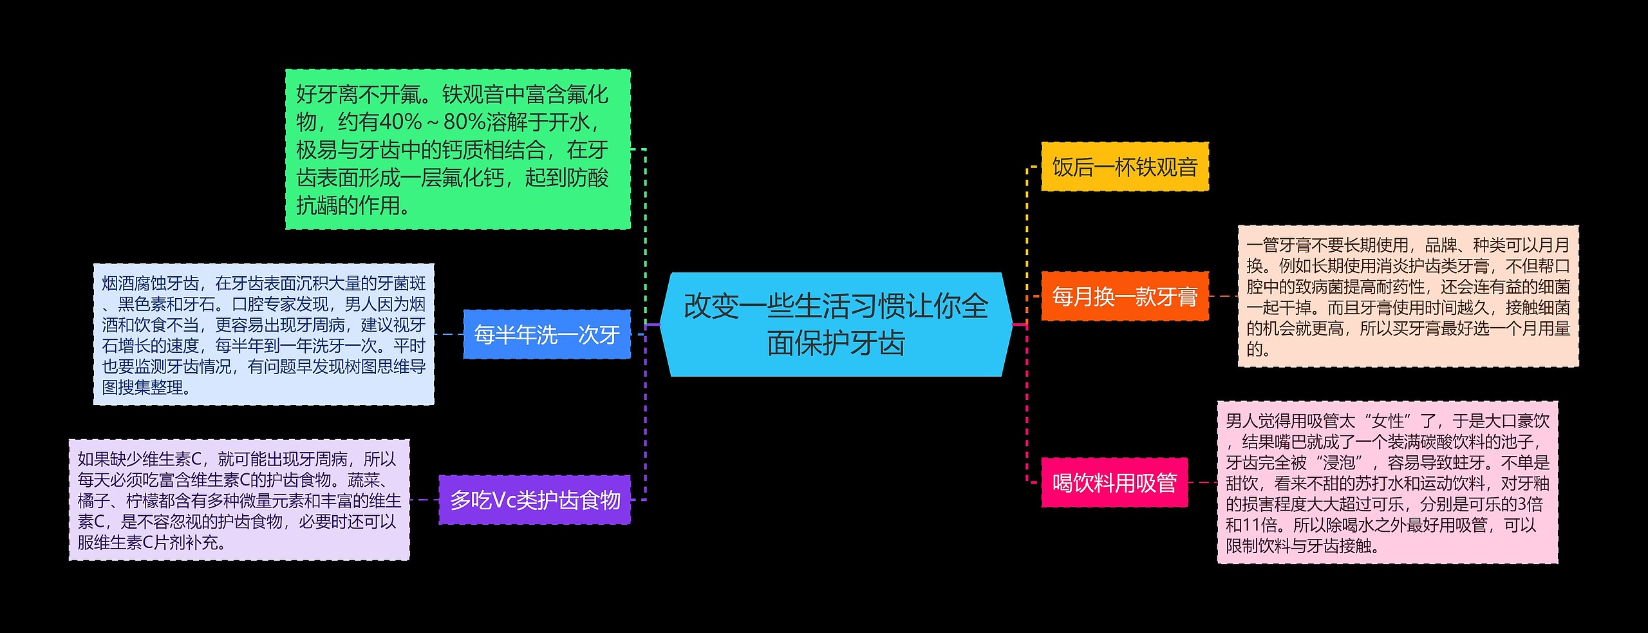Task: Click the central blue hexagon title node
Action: [x=836, y=325]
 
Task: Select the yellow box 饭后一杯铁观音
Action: [x=1125, y=167]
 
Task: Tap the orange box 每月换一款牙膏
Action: [x=1125, y=296]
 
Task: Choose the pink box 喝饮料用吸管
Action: [x=1114, y=482]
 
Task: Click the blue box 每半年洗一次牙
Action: [x=547, y=334]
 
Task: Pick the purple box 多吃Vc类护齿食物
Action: [x=534, y=500]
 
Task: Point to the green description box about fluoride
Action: [x=458, y=149]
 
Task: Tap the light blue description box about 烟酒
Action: [x=263, y=334]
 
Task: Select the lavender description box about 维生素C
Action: [x=239, y=500]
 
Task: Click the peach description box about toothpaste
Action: [x=1408, y=296]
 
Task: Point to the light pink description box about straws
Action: [x=1387, y=482]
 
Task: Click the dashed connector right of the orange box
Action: [x=1223, y=296]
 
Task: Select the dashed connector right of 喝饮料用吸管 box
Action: [x=1202, y=482]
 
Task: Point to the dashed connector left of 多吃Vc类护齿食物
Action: [x=424, y=500]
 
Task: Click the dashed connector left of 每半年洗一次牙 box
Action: [x=449, y=334]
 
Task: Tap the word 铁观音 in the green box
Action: [x=473, y=95]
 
